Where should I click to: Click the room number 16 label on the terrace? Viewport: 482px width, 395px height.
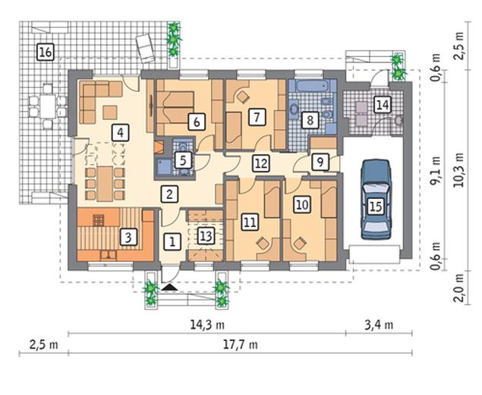[x=46, y=52]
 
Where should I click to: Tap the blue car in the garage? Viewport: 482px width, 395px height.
[x=376, y=199]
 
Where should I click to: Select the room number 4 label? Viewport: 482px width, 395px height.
[x=120, y=133]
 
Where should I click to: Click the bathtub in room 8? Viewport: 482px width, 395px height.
[x=312, y=86]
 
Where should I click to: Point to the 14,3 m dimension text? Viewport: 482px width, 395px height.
[x=207, y=324]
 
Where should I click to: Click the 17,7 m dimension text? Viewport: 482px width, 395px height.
[x=241, y=345]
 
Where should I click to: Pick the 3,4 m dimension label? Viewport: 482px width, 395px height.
[x=379, y=325]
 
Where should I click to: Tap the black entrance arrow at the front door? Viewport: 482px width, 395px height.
[x=169, y=287]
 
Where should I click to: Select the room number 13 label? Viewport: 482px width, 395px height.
[x=206, y=236]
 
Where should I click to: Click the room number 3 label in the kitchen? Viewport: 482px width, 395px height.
[x=128, y=237]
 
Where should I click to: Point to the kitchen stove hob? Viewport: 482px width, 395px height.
[x=99, y=220]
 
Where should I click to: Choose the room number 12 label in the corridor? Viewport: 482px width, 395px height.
[x=261, y=163]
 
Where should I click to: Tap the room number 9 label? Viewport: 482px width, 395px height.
[x=320, y=162]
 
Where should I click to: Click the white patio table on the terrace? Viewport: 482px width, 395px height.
[x=48, y=106]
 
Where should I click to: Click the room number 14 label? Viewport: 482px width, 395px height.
[x=383, y=105]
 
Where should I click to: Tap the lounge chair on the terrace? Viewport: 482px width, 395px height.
[x=146, y=48]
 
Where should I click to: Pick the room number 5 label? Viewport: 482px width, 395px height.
[x=183, y=160]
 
